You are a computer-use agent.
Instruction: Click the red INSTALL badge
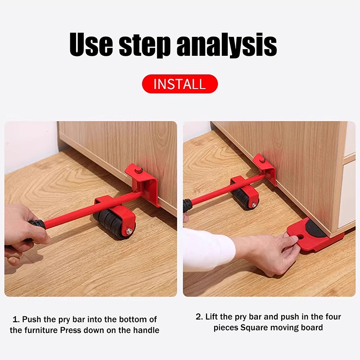click(180, 84)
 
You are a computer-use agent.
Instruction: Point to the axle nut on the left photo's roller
click(129, 231)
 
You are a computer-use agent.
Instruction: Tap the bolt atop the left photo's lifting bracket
click(138, 171)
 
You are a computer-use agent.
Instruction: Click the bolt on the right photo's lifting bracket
click(261, 160)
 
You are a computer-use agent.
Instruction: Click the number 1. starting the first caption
click(16, 319)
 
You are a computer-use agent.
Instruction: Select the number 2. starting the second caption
click(199, 317)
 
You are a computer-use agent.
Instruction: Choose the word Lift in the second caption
click(211, 317)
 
